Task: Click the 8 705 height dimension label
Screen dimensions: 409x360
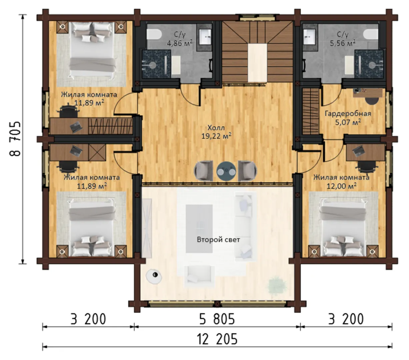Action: pos(15,139)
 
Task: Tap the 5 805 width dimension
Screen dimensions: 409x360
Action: pos(217,319)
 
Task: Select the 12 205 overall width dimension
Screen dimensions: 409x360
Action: pos(217,339)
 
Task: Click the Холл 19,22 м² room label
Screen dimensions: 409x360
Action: pos(216,132)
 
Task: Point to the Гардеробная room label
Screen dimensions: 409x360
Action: pos(348,113)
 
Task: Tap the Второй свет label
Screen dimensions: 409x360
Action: pos(218,240)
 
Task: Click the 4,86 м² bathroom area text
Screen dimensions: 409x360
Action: pos(180,43)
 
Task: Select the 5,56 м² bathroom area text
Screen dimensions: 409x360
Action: pos(343,43)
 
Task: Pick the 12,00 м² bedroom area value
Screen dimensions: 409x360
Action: pos(341,186)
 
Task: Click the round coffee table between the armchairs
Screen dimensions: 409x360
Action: pos(226,171)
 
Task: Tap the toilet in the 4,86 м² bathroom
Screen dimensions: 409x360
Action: pos(154,34)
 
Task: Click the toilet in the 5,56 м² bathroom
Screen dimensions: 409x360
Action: pos(371,34)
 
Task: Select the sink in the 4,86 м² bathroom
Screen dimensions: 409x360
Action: pos(205,37)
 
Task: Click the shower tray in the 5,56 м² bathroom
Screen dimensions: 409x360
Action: pos(369,64)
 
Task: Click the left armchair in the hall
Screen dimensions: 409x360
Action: pos(203,171)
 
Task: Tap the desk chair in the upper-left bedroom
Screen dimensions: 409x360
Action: pos(69,111)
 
